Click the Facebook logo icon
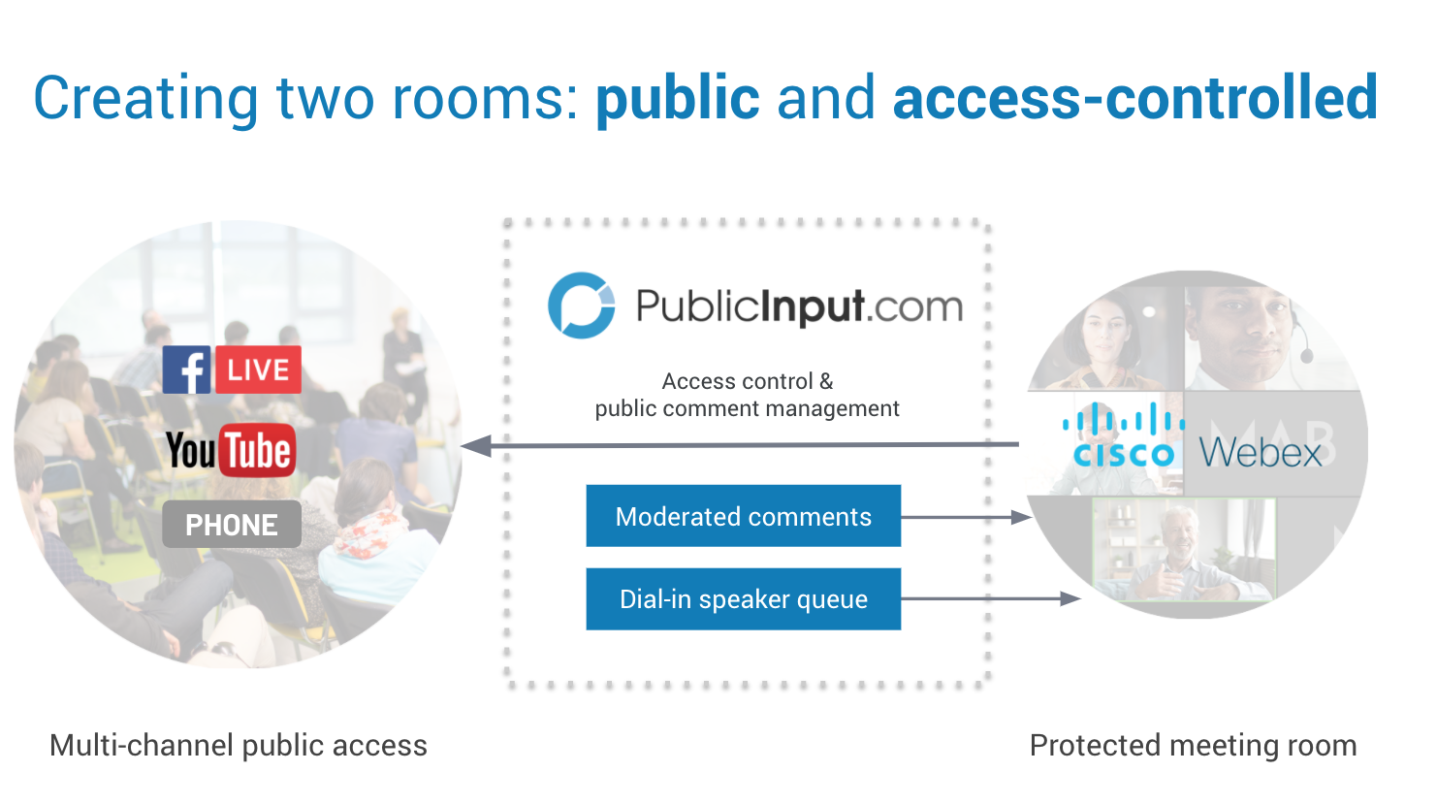point(186,370)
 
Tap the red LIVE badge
point(258,370)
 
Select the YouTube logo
point(230,450)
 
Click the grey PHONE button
point(231,525)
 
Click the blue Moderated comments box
point(743,516)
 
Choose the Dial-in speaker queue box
point(743,599)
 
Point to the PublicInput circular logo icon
point(581,306)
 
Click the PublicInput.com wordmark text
point(799,306)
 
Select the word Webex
point(1261,453)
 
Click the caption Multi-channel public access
point(238,745)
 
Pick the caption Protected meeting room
point(1193,745)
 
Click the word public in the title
point(677,98)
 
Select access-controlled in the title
point(1134,98)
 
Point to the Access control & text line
point(747,381)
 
